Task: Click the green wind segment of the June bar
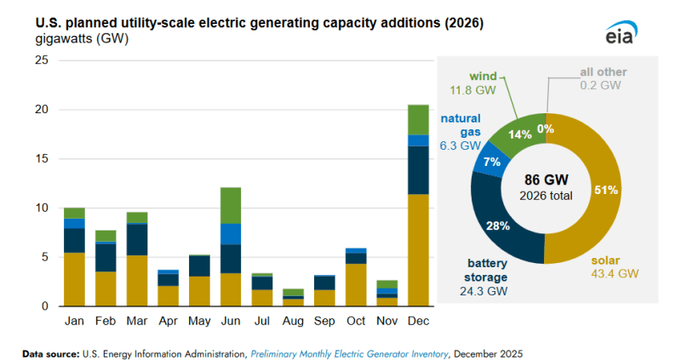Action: click(231, 205)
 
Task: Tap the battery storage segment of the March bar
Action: click(137, 239)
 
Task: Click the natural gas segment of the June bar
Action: click(231, 234)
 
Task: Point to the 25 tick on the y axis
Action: click(42, 61)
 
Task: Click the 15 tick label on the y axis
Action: click(42, 159)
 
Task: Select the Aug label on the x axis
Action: click(293, 322)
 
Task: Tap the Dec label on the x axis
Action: click(418, 322)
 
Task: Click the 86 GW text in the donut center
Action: click(546, 180)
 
